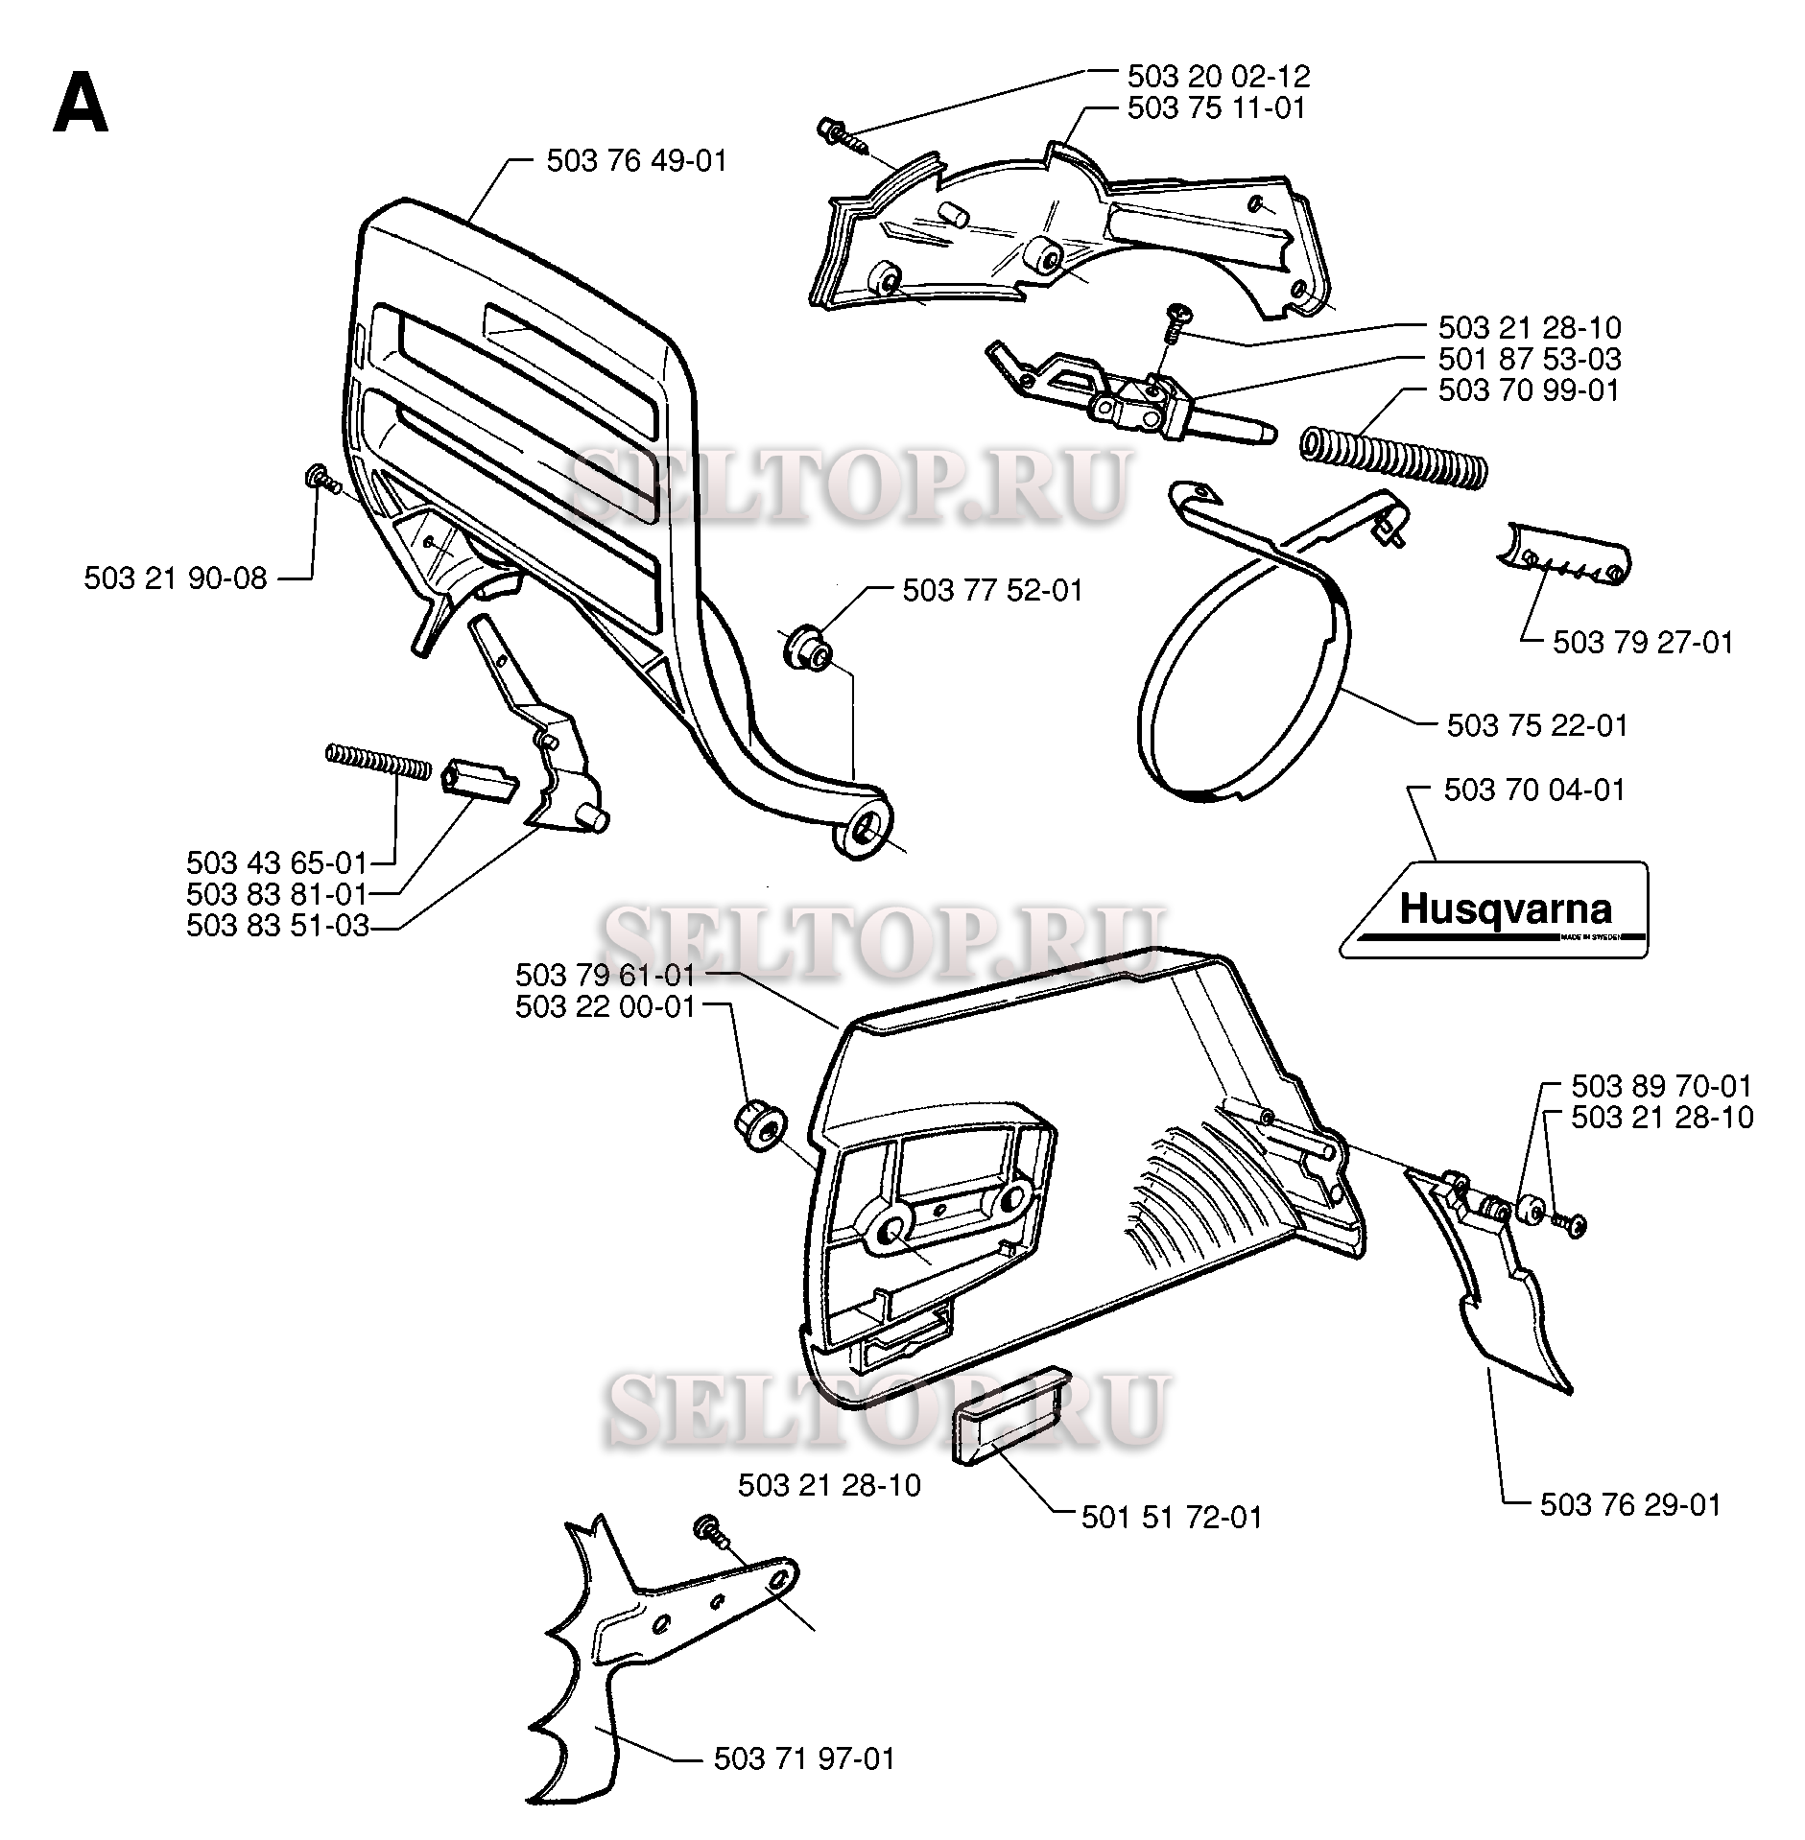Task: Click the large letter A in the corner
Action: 81,105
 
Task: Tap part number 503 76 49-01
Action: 636,161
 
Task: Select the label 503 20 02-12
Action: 1218,76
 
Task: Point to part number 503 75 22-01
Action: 1537,725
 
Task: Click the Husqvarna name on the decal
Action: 1504,908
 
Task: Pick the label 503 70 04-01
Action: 1534,790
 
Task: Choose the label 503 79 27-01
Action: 1643,643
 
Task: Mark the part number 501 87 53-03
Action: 1529,360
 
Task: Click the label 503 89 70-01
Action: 1661,1086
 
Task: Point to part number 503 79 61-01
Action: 605,976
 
